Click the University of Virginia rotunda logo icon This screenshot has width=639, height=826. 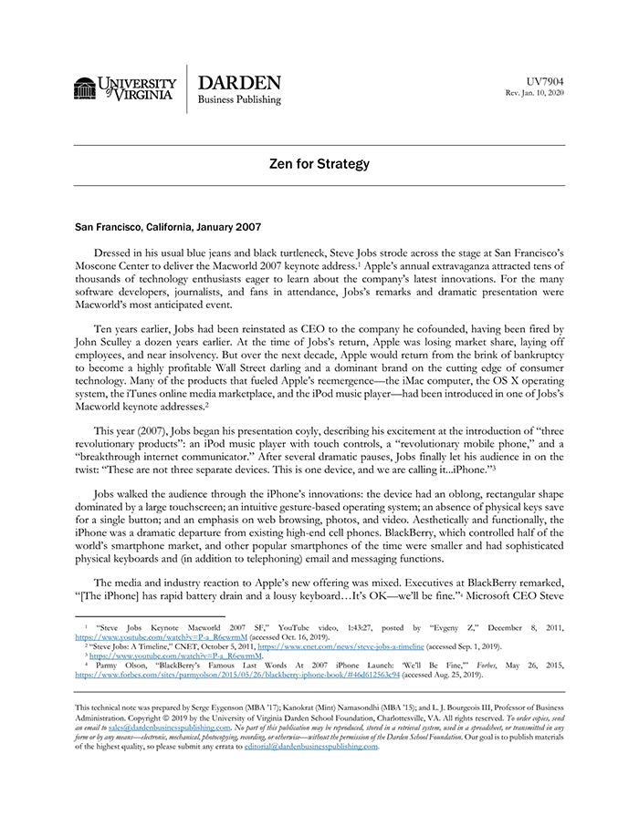[85, 88]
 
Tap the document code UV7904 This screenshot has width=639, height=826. [545, 82]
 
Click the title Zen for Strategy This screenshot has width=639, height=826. [319, 164]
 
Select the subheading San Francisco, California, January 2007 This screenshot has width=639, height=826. [167, 224]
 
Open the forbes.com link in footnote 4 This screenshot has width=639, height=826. [237, 675]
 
